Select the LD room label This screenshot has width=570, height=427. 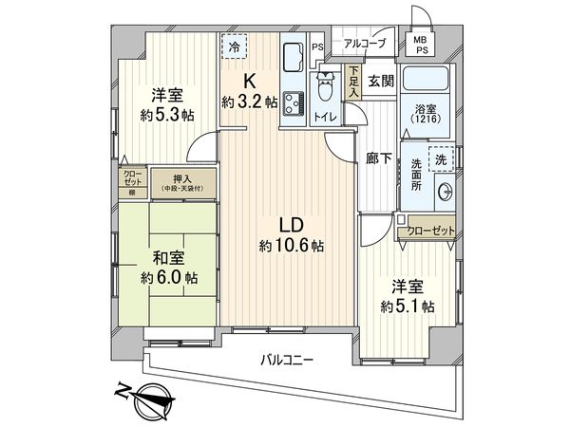[290, 225]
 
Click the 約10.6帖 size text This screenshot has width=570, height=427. [292, 246]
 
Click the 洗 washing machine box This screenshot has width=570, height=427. [440, 160]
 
